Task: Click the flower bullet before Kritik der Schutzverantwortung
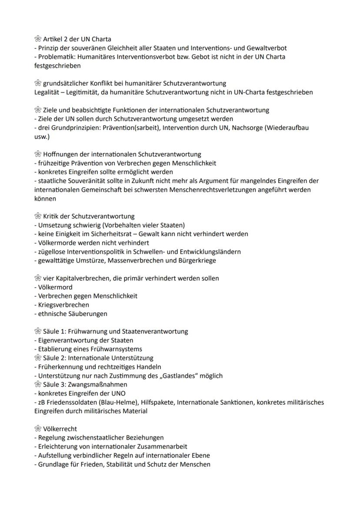pyautogui.click(x=38, y=216)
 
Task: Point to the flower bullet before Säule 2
pyautogui.click(x=38, y=358)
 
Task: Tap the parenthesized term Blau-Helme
pyautogui.click(x=110, y=402)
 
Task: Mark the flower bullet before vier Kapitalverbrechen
pyautogui.click(x=38, y=278)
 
